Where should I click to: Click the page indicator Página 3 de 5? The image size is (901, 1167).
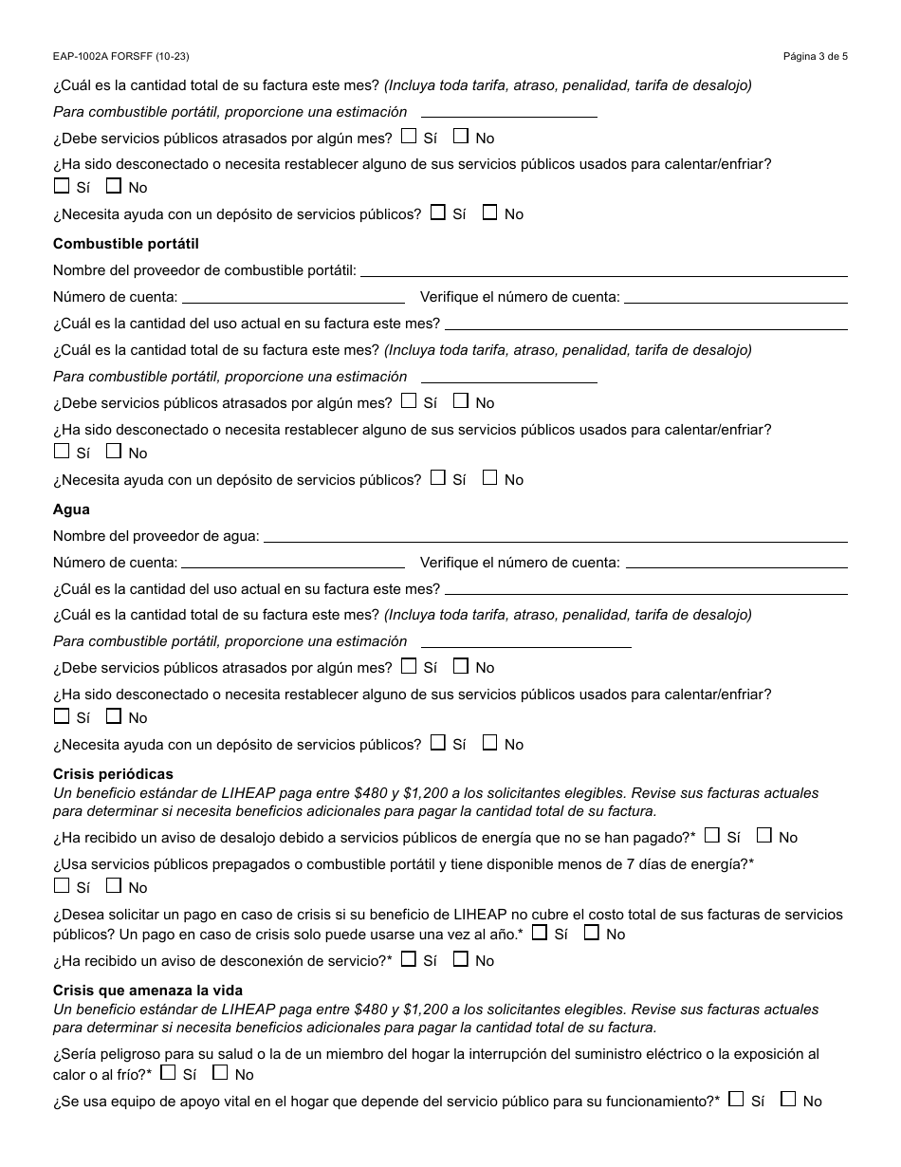(x=815, y=56)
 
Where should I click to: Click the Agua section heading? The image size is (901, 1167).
(x=71, y=509)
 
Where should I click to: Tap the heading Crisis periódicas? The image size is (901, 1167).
(x=113, y=774)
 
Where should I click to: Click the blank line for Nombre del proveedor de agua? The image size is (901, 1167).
(x=555, y=536)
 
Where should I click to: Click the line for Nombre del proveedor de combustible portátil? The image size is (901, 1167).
(x=603, y=270)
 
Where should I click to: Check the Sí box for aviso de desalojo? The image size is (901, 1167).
(x=712, y=835)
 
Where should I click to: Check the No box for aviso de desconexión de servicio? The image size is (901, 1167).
(x=460, y=958)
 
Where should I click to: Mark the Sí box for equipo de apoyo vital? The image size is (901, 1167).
(x=736, y=1099)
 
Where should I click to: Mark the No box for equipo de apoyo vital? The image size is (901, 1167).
(x=788, y=1099)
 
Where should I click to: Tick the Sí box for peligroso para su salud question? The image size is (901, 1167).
(x=168, y=1072)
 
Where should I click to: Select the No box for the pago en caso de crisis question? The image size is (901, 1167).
(x=591, y=932)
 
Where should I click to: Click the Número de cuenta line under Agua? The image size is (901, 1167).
(x=292, y=563)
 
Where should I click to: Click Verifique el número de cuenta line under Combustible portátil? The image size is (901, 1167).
(x=735, y=297)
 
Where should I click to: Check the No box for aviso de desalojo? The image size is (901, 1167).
(x=763, y=835)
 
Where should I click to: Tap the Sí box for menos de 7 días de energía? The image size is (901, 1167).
(x=62, y=885)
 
